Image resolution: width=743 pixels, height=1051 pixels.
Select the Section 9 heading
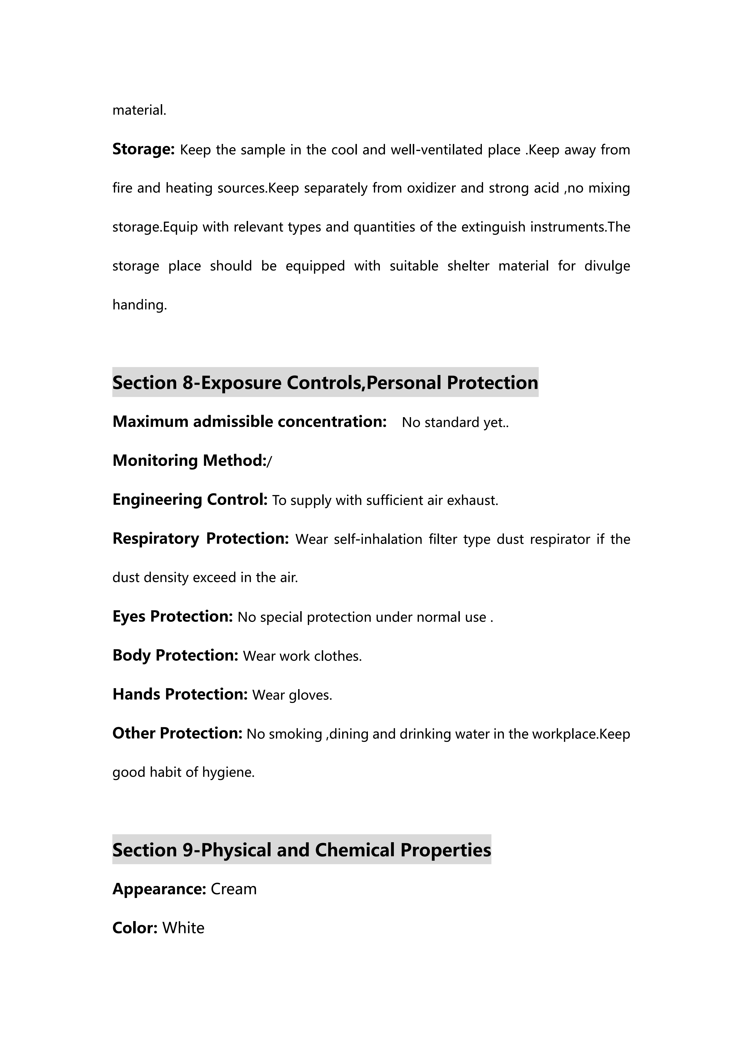pyautogui.click(x=301, y=850)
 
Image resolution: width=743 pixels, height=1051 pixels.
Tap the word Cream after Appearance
pyautogui.click(x=233, y=889)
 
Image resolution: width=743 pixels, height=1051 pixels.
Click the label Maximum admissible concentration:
pyautogui.click(x=250, y=422)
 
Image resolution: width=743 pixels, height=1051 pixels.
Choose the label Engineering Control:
pyautogui.click(x=190, y=500)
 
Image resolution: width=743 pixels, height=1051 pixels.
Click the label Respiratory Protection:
pyautogui.click(x=200, y=538)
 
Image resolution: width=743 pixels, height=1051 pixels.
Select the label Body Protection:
pyautogui.click(x=175, y=655)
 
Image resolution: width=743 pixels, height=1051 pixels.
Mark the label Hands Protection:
pyautogui.click(x=180, y=695)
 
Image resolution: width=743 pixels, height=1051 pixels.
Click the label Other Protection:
pyautogui.click(x=177, y=733)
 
